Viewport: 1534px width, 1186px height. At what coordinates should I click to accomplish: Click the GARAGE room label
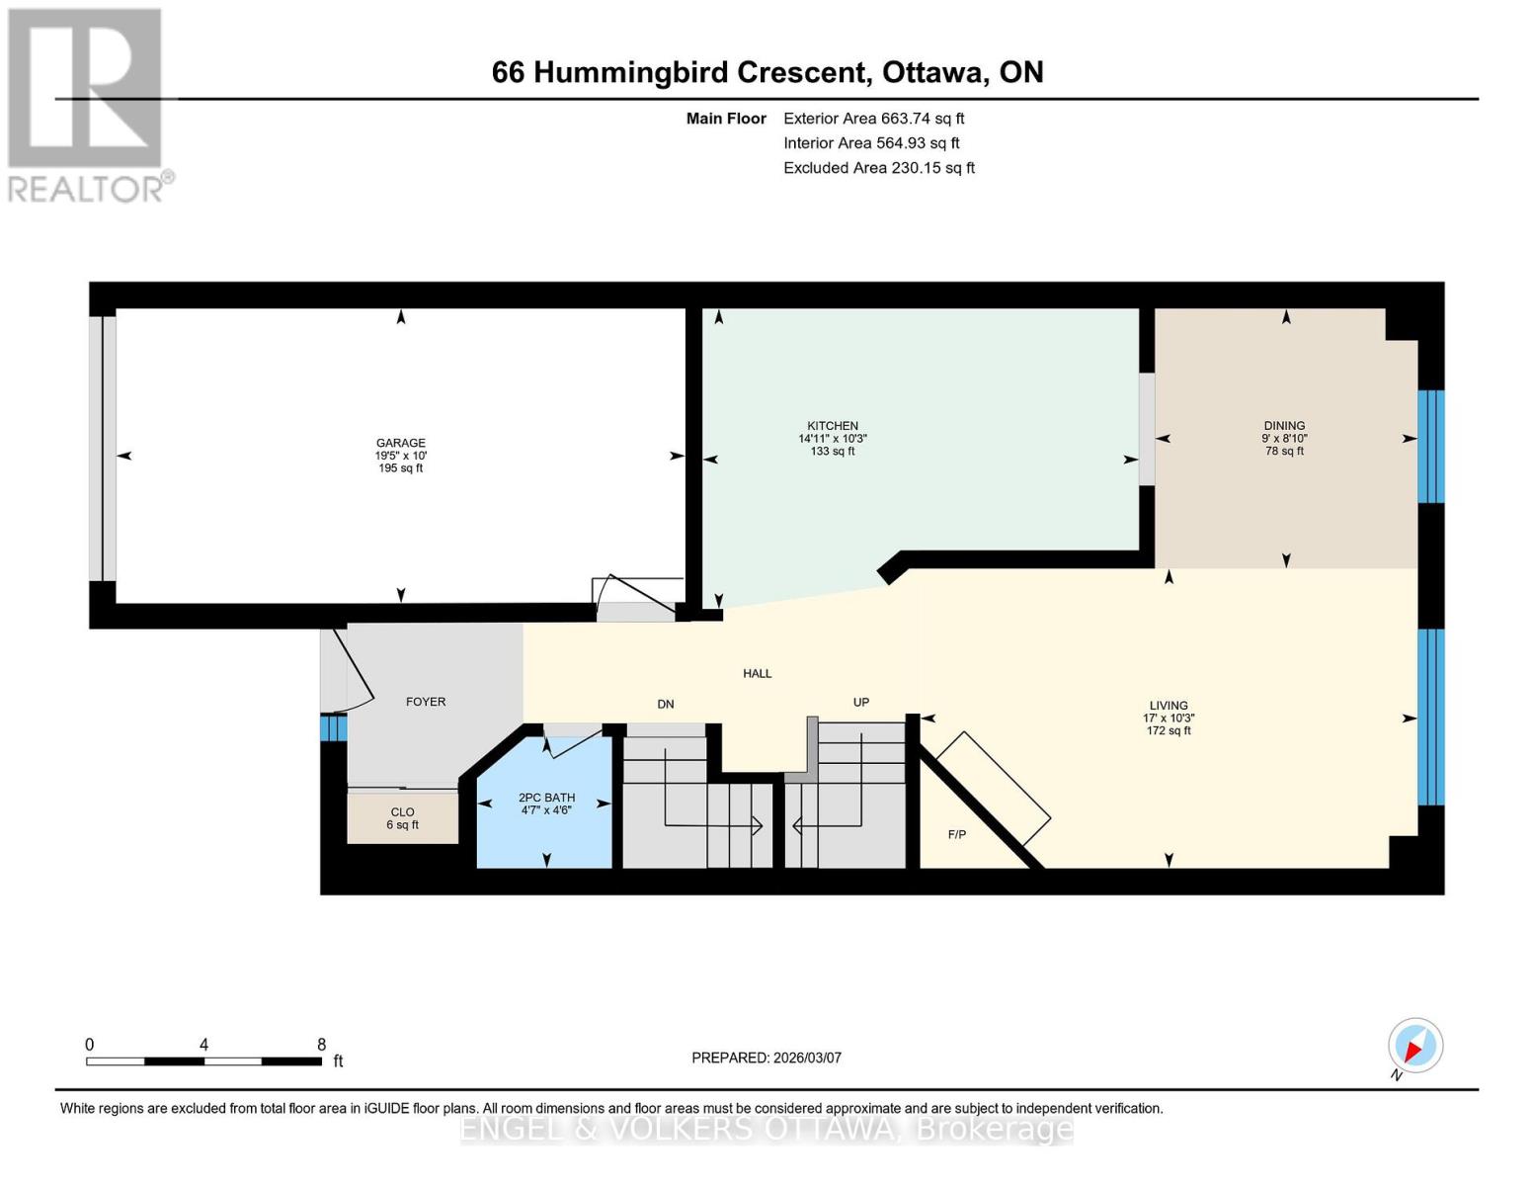[400, 443]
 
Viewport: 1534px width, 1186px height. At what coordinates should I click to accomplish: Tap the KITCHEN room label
[832, 426]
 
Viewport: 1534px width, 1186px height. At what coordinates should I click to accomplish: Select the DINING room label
[1283, 426]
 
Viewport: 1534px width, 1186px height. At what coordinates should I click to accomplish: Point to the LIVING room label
[1168, 706]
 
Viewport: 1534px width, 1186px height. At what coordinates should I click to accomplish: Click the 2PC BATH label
[546, 798]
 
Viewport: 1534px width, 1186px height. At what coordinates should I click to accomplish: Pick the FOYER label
[426, 702]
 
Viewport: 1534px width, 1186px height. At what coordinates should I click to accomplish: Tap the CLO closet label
[402, 812]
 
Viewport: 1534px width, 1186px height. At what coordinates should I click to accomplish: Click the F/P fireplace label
[956, 835]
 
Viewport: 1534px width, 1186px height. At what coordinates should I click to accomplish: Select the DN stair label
[666, 705]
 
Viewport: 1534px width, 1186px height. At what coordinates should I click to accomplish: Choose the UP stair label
[861, 703]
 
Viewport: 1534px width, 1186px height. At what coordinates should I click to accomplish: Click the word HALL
[758, 674]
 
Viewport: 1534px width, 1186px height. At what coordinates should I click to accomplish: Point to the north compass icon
[1414, 1047]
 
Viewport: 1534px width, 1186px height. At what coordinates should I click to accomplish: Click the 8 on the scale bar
[322, 1045]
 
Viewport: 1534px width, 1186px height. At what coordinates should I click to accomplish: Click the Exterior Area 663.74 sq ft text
[873, 119]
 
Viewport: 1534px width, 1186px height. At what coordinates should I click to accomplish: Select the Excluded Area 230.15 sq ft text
[878, 168]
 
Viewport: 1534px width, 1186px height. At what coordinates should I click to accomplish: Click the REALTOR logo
[87, 104]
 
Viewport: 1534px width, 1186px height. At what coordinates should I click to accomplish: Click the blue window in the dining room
[1430, 447]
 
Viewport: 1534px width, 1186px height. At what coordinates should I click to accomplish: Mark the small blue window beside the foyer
[333, 727]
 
